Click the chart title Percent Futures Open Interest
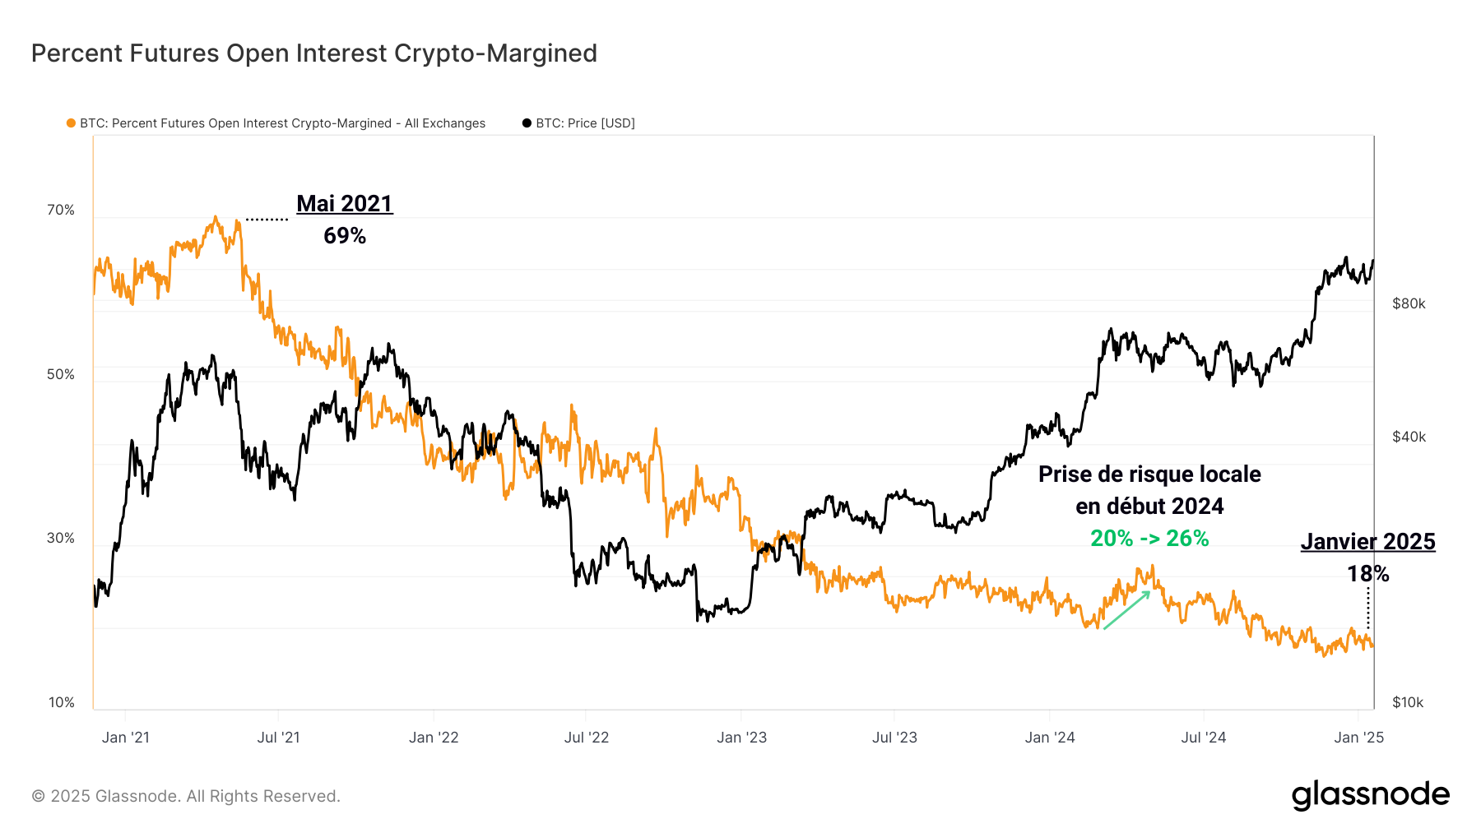(x=313, y=53)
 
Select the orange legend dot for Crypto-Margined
(x=71, y=123)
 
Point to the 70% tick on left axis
(x=61, y=211)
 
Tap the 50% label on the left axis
(x=61, y=375)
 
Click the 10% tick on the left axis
(x=62, y=702)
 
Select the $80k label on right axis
(x=1409, y=304)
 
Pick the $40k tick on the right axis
(x=1409, y=437)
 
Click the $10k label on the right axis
(x=1408, y=702)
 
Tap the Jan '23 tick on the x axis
(x=741, y=738)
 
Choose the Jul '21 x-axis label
(x=278, y=738)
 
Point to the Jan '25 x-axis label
(x=1358, y=738)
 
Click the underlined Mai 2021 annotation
(x=345, y=204)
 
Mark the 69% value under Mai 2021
(x=345, y=236)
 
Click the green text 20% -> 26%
(x=1149, y=539)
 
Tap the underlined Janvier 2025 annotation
(x=1367, y=542)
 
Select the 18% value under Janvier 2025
(x=1367, y=574)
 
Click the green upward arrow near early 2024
(x=1126, y=610)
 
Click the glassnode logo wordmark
(x=1370, y=795)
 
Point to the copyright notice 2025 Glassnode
(x=186, y=796)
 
